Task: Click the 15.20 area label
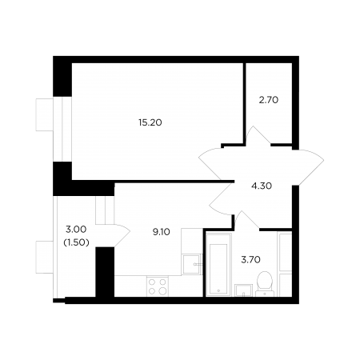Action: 150,122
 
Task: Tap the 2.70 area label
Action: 269,100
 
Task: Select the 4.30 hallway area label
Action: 262,186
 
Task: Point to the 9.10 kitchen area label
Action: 161,232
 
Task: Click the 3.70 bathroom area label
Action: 250,259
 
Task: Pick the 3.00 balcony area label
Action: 76,229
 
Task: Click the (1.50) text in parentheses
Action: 76,242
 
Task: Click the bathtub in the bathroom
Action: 218,265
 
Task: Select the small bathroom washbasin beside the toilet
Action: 243,290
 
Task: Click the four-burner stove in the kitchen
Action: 158,286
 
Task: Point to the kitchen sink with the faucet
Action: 191,264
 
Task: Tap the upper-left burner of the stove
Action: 152,282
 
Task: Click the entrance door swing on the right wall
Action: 309,167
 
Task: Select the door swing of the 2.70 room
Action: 258,135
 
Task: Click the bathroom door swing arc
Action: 246,220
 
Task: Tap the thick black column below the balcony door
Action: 105,272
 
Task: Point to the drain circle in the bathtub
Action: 218,290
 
